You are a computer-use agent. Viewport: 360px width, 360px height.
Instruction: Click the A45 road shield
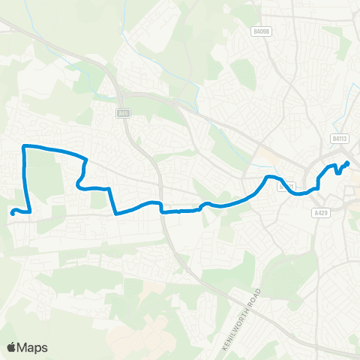click(x=124, y=113)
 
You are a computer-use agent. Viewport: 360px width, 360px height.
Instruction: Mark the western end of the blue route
click(x=12, y=213)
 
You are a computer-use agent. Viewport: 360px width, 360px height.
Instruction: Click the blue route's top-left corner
click(x=25, y=145)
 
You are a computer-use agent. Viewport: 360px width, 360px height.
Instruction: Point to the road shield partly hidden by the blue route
click(x=283, y=185)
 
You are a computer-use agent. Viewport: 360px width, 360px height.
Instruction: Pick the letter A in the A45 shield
click(x=120, y=113)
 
